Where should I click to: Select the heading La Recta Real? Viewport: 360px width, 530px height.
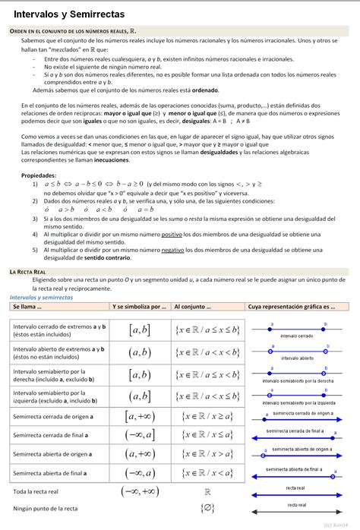pos(30,271)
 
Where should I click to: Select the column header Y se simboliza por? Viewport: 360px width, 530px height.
pos(138,307)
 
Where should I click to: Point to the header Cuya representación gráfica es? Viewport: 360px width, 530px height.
pos(292,307)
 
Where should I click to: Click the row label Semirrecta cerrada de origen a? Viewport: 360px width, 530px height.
pos(53,416)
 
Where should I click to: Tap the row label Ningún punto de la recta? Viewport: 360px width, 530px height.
pos(46,508)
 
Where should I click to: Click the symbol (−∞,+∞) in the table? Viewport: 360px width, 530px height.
pos(140,491)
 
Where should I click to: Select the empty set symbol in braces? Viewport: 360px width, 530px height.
pos(207,508)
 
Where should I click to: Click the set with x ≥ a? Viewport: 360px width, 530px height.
pos(207,416)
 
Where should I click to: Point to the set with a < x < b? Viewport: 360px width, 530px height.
pos(207,352)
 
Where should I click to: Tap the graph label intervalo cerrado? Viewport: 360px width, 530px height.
pos(298,335)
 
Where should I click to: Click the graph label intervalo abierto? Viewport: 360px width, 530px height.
pos(298,358)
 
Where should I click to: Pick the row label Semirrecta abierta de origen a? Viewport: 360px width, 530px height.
pos(53,454)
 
